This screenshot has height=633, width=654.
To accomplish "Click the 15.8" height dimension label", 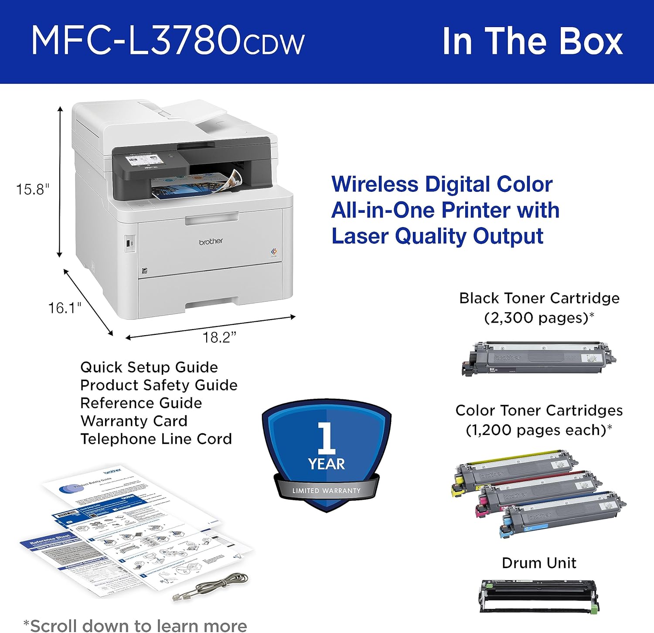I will pos(33,190).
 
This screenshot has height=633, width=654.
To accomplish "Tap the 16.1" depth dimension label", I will pos(65,308).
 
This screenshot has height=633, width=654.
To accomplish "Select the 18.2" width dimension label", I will pos(219,337).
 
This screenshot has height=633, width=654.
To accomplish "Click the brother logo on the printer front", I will pos(211,241).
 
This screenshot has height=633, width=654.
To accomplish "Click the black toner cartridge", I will pos(539,359).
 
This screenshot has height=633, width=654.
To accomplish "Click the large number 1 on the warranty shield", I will pos(327,438).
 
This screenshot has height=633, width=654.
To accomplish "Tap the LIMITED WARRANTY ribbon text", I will pos(327,491).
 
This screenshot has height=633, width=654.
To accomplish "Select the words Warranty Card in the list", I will pos(134,421).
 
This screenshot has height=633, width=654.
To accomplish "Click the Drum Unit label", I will pos(539,563).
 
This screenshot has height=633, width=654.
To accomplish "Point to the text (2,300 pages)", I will pos(539,318).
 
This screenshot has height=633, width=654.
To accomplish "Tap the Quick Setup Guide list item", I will pos(149,368).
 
